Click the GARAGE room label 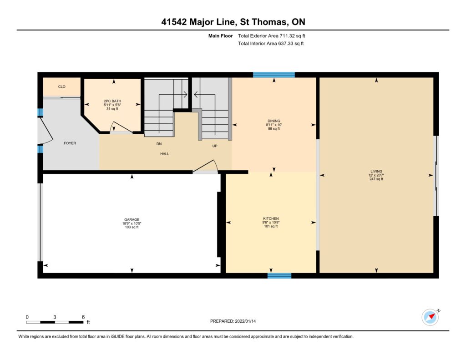coord(132,220)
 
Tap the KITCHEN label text coord(271,218)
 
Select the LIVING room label coord(376,171)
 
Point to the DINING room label coord(274,121)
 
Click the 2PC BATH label coord(112,101)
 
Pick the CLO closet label coord(62,86)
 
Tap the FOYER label coord(70,143)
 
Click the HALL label coord(165,154)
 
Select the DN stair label coord(159,143)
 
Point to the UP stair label coord(215,146)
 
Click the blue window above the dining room coord(274,75)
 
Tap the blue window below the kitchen coord(279,276)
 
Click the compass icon coord(431,317)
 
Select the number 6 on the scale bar coord(83,317)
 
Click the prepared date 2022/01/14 coord(245,321)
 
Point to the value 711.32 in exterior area coord(287,35)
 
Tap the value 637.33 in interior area coord(286,43)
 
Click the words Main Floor coord(221,35)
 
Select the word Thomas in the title coord(269,22)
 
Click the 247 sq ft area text coord(376,179)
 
